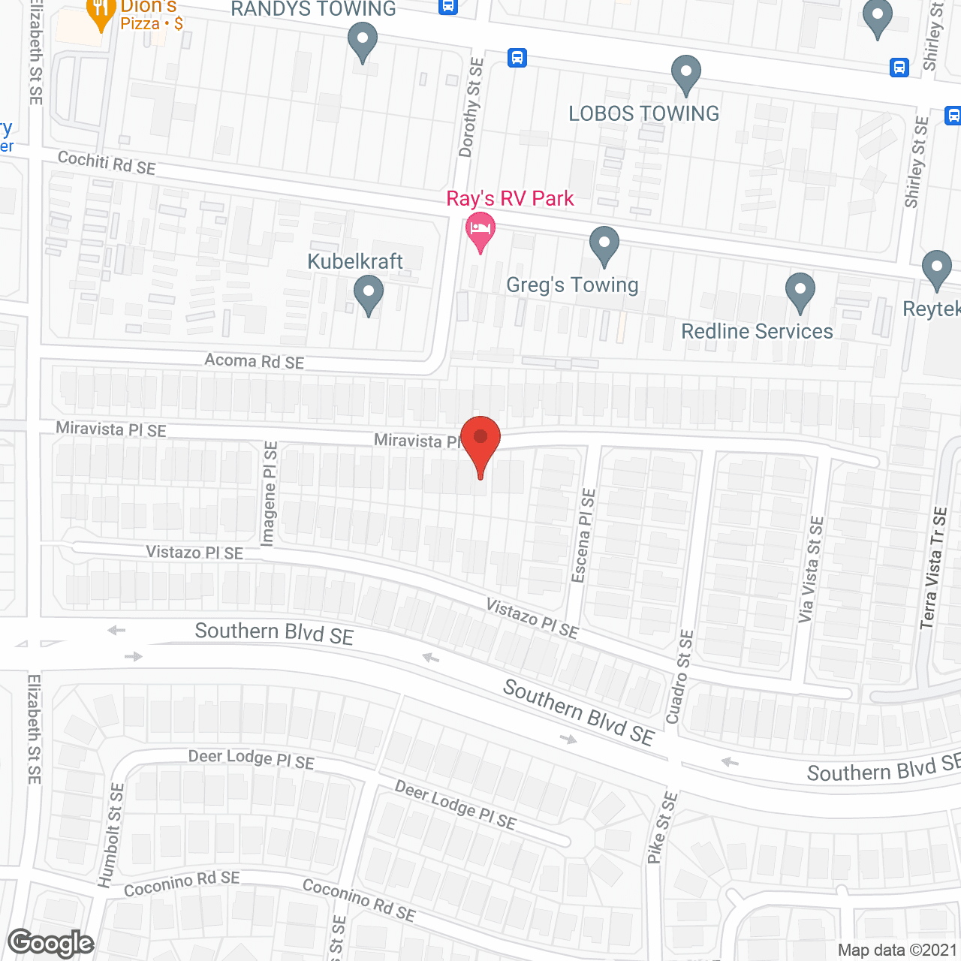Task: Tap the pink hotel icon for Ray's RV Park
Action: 480,229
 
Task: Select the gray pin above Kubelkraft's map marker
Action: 368,294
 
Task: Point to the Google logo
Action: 51,943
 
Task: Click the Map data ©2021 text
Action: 898,950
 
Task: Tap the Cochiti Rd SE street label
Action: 107,163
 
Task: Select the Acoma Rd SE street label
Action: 255,361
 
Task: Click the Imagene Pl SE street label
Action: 269,493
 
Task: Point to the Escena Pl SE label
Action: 583,535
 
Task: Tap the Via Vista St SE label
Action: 811,569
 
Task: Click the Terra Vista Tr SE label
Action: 933,568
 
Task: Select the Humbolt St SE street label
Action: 111,835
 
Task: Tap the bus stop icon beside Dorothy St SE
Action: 517,58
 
